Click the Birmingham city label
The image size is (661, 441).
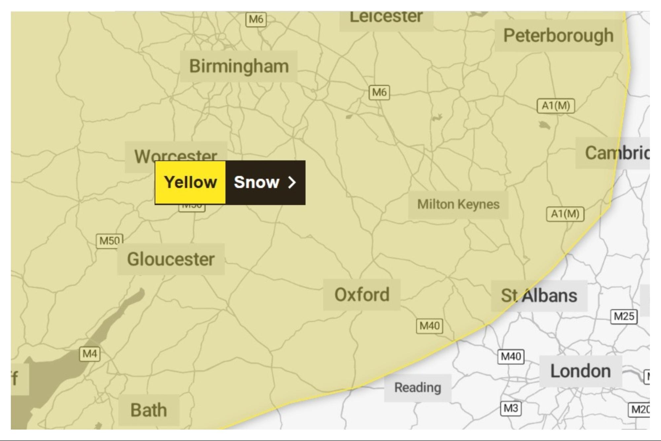point(239,66)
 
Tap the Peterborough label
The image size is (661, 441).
point(558,35)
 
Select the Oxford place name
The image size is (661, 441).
point(362,295)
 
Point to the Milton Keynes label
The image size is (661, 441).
point(458,204)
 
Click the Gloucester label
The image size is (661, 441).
point(171,259)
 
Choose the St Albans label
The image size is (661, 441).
point(539,296)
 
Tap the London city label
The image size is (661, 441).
point(580,371)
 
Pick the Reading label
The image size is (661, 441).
point(417,387)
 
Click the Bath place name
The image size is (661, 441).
point(149,410)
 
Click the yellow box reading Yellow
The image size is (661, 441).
point(190,182)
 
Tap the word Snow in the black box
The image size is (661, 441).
point(256,182)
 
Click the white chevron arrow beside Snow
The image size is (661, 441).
point(292,182)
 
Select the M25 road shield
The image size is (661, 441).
point(624,316)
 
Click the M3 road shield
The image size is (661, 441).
point(511,408)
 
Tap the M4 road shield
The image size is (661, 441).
point(90,354)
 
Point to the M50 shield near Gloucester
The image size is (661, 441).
point(109,240)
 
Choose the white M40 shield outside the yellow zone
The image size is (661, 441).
point(511,356)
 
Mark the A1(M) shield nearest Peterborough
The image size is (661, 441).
point(556,106)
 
